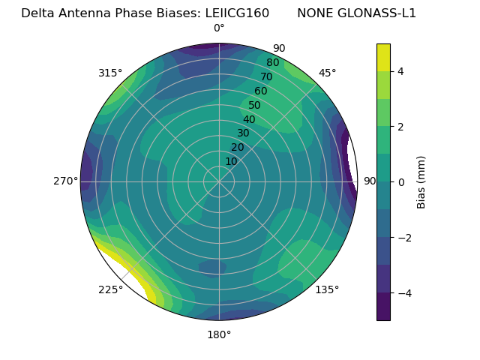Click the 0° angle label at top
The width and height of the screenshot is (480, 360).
point(219,28)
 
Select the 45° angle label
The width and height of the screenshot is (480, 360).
point(327,73)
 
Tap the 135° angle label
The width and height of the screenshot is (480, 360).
point(327,289)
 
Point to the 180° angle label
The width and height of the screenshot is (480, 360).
point(219,334)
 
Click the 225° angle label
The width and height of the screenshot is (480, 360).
point(110,289)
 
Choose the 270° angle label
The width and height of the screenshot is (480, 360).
point(66,181)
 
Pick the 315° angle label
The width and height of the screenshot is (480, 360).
point(110,73)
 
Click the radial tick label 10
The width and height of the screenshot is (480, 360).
point(231,161)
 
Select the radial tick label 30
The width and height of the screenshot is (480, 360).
point(243,133)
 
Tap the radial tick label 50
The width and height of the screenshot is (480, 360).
point(255,106)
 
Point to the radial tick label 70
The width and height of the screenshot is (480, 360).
point(267,77)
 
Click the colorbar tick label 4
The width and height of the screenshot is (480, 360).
point(401,71)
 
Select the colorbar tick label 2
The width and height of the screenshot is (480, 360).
point(401,127)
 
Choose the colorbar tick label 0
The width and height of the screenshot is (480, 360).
point(401,182)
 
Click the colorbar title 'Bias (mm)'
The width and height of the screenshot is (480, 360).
point(421,182)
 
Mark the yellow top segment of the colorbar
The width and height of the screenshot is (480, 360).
point(383,57)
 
